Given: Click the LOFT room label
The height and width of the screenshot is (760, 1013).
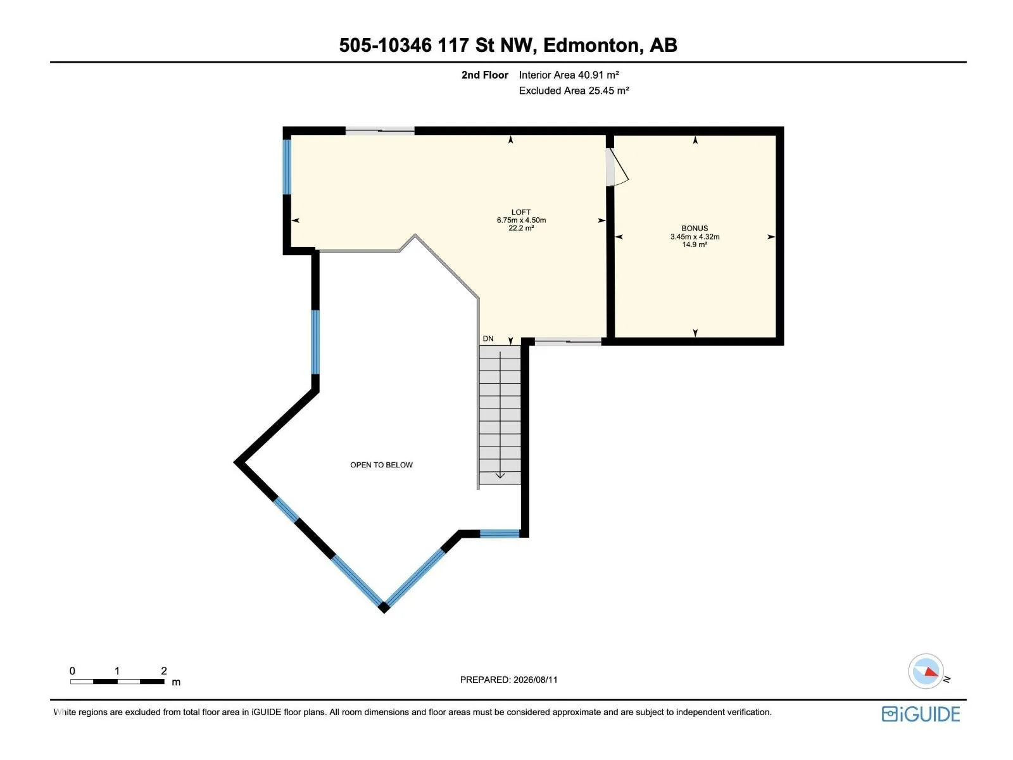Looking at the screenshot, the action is [520, 212].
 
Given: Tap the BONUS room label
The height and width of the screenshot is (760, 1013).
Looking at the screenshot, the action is [694, 229].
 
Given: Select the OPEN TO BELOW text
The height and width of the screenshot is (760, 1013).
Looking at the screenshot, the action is [381, 465].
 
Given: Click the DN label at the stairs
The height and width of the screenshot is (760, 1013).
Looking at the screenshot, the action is [488, 339].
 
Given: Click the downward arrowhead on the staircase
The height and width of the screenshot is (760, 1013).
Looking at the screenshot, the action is [500, 475].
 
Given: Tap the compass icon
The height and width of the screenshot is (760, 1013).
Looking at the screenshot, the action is [926, 671].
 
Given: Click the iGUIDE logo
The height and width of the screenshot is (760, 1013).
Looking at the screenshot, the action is [921, 714].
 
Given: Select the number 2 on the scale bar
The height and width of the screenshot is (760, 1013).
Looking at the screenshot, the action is [164, 671].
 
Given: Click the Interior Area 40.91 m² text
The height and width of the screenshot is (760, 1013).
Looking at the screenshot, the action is [569, 75].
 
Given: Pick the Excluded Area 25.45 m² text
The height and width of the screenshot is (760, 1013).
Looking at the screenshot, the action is [574, 91].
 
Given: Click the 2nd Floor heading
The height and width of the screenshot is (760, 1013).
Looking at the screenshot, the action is [484, 75].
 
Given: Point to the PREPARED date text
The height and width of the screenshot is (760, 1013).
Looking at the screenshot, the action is [508, 680].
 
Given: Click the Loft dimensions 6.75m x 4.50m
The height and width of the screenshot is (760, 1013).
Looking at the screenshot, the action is [521, 220].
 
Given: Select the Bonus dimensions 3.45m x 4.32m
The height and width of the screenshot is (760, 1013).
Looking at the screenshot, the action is [695, 237].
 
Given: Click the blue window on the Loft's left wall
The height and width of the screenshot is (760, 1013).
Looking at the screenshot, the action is [287, 167].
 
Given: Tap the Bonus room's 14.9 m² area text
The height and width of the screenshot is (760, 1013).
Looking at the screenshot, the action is [695, 244].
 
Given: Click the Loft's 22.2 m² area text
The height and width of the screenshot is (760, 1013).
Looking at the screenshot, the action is [521, 228].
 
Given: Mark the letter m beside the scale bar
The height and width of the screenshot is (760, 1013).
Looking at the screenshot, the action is [176, 682].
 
